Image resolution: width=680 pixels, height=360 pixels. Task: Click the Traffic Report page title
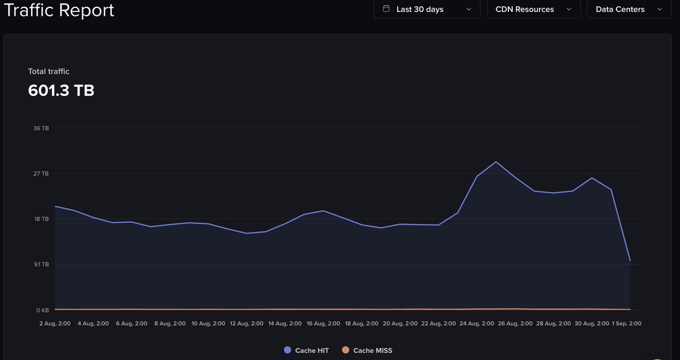pyautogui.click(x=59, y=10)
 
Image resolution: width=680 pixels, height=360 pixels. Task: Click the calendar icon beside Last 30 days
pyautogui.click(x=386, y=9)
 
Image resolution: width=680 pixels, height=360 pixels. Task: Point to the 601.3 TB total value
pyautogui.click(x=61, y=90)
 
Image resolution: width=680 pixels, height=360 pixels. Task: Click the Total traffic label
pyautogui.click(x=49, y=71)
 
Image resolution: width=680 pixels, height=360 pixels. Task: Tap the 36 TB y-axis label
pyautogui.click(x=41, y=128)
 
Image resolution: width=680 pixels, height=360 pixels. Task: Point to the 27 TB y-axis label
pyautogui.click(x=41, y=173)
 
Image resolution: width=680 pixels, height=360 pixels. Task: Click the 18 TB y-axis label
pyautogui.click(x=41, y=219)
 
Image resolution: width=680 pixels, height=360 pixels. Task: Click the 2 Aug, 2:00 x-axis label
pyautogui.click(x=55, y=323)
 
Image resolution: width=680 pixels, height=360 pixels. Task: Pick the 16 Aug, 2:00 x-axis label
pyautogui.click(x=324, y=323)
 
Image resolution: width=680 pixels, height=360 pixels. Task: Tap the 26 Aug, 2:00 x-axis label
pyautogui.click(x=516, y=323)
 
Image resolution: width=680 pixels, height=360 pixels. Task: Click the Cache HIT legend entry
pyautogui.click(x=307, y=350)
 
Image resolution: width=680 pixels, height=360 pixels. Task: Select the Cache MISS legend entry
pyautogui.click(x=367, y=350)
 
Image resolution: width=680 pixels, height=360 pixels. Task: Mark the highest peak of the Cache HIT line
pyautogui.click(x=496, y=162)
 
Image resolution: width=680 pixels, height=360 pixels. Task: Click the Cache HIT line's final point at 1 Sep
pyautogui.click(x=630, y=261)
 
